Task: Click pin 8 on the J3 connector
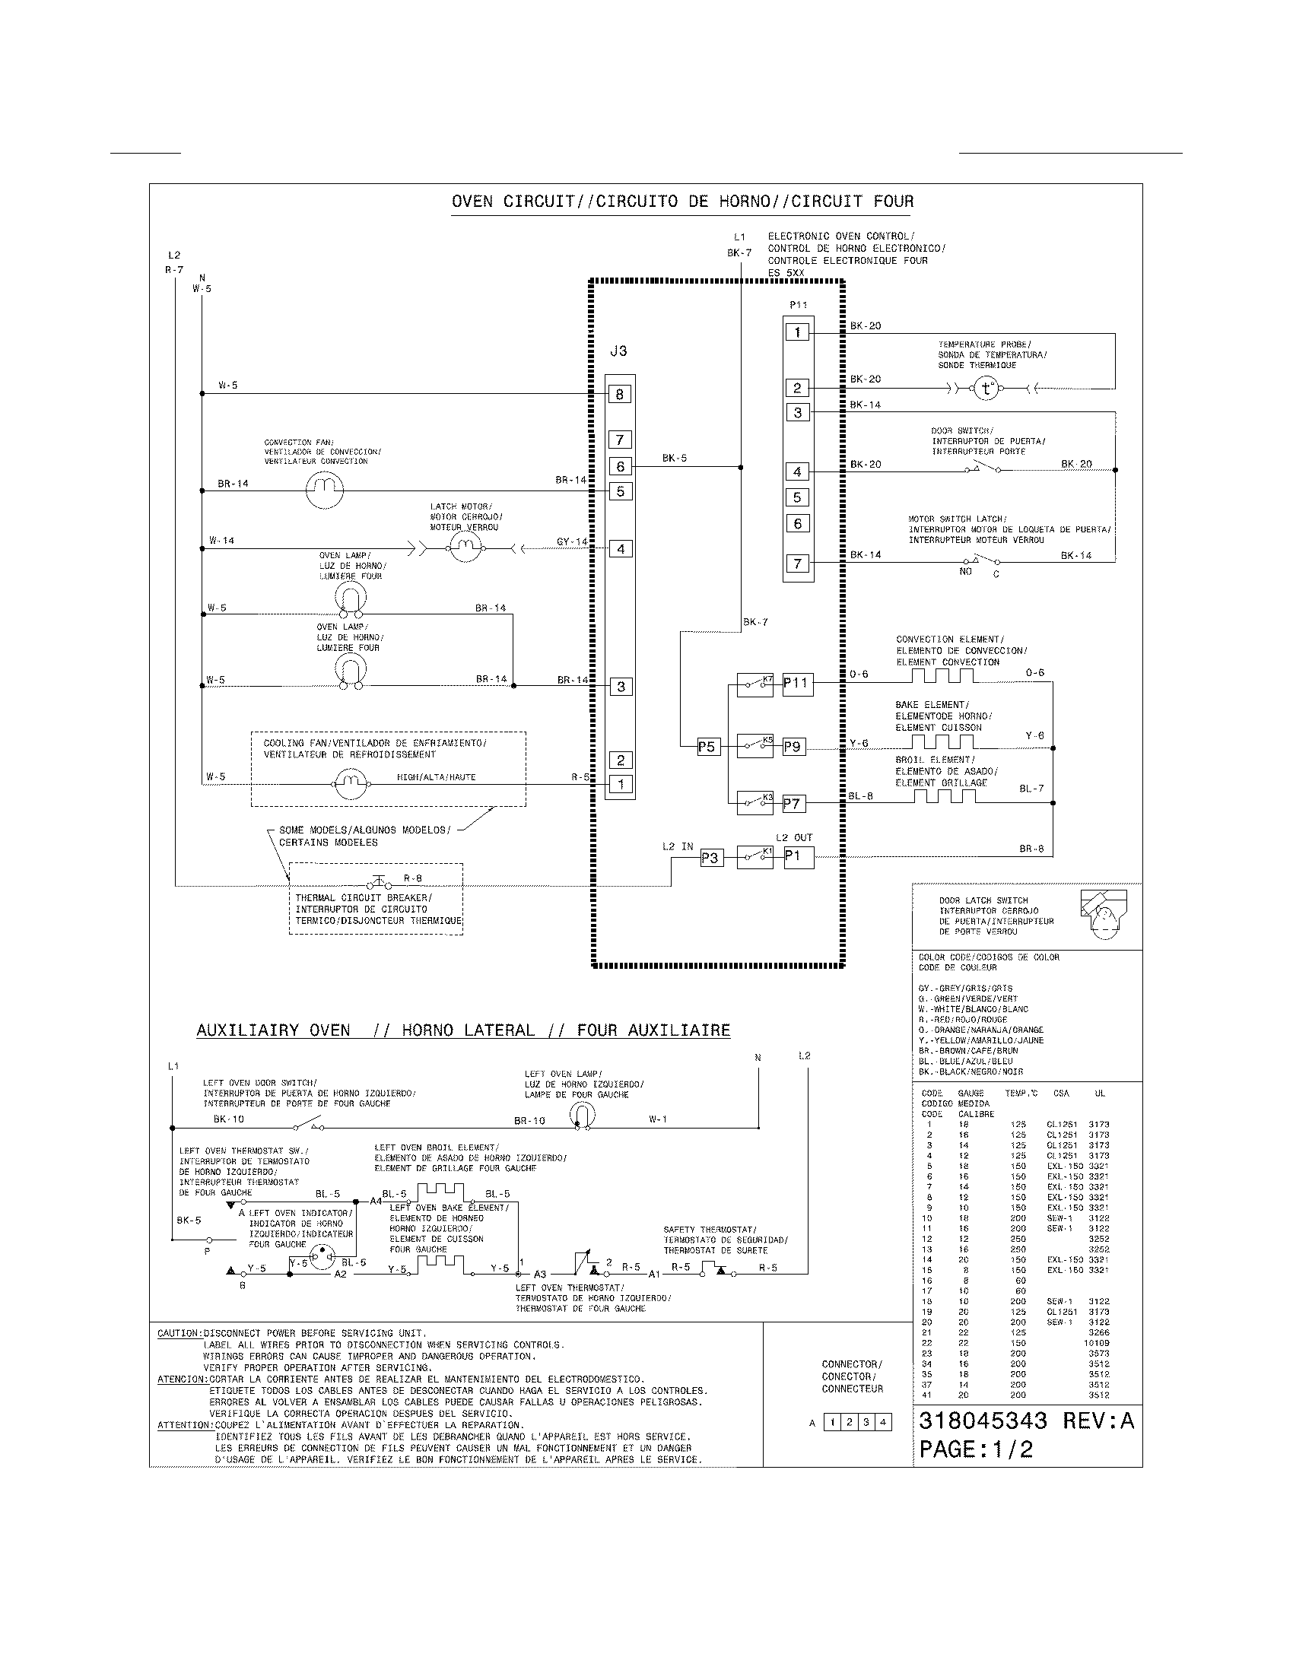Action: point(620,395)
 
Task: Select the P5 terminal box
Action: point(707,746)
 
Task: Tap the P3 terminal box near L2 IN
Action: point(710,858)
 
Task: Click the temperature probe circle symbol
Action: point(986,389)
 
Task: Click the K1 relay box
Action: point(755,857)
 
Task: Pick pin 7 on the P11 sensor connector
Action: point(797,563)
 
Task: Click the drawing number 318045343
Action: point(983,1421)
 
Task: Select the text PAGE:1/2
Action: point(976,1449)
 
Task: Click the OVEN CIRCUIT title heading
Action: point(681,202)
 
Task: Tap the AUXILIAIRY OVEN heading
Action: point(462,1030)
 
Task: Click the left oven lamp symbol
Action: point(583,1116)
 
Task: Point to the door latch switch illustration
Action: point(1103,913)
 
